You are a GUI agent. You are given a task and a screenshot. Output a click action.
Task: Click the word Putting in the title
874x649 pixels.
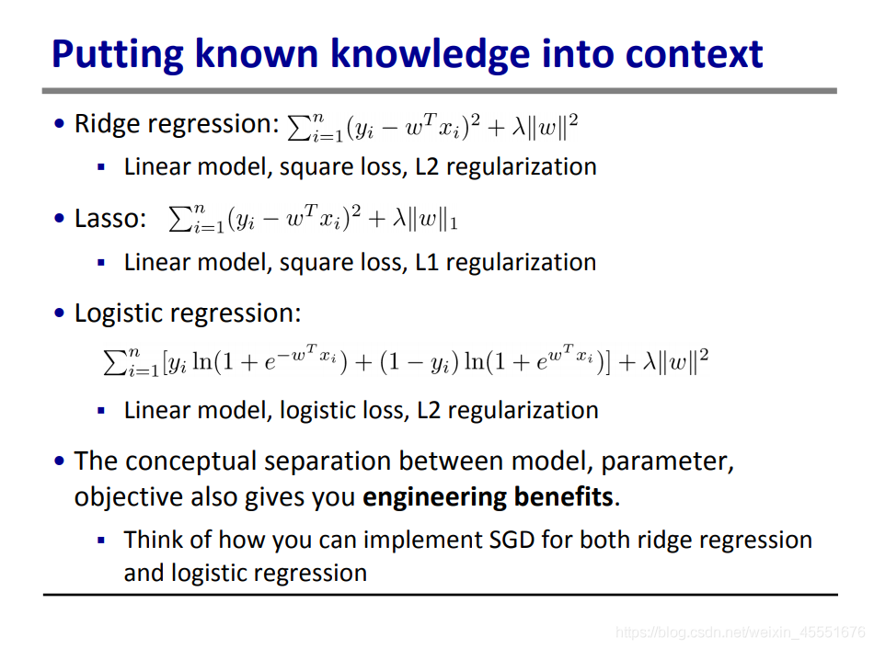118,54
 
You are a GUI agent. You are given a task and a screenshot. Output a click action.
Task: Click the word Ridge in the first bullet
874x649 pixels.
106,124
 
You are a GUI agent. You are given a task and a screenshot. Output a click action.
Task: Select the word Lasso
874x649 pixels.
110,219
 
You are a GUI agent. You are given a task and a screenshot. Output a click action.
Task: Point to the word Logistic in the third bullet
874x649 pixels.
119,313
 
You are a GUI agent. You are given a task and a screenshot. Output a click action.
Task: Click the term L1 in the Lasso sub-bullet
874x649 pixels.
427,262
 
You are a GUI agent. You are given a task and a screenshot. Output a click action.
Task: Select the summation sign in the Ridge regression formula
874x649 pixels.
299,128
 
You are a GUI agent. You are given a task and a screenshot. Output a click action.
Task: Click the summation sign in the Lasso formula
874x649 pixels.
179,220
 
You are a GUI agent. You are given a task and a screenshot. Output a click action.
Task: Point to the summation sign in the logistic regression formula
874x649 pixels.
115,362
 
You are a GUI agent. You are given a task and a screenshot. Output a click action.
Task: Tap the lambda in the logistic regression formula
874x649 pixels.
649,361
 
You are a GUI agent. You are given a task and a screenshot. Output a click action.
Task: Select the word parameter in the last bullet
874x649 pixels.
667,462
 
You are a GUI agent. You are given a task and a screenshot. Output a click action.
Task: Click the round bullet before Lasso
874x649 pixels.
60,219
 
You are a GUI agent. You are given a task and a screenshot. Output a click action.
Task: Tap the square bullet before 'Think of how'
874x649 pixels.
101,540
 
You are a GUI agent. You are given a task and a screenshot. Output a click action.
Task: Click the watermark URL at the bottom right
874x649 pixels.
741,632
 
